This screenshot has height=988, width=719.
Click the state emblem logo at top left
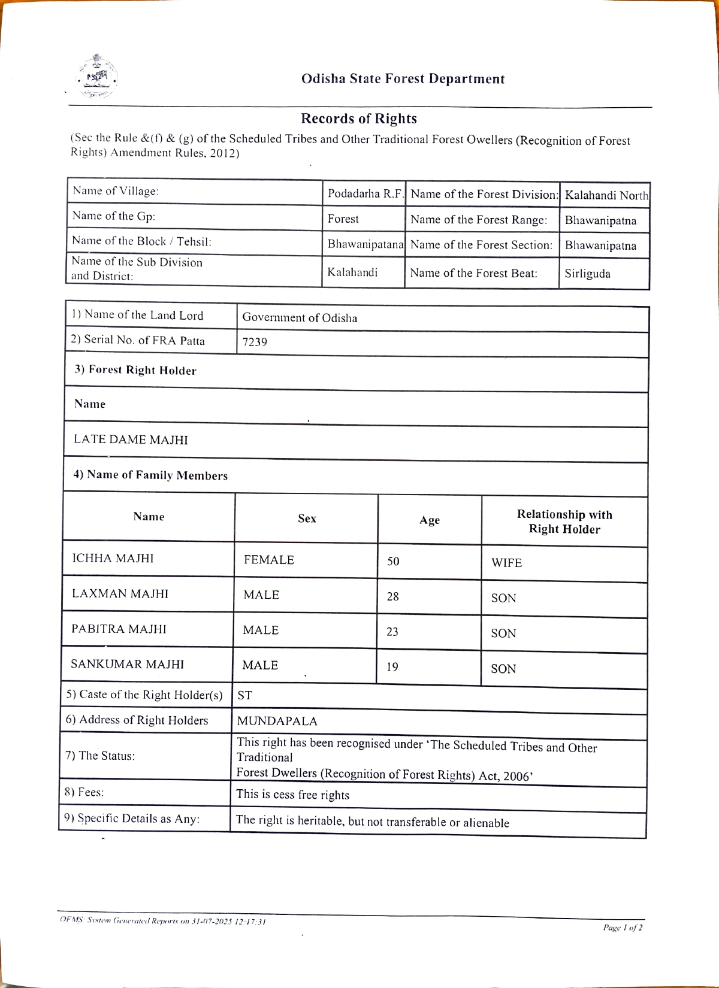pyautogui.click(x=96, y=77)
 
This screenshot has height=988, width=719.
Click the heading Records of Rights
pyautogui.click(x=358, y=119)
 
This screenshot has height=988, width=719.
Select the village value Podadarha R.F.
pyautogui.click(x=365, y=193)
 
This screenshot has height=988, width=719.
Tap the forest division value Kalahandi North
pyautogui.click(x=606, y=195)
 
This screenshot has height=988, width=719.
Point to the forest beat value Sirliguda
pyautogui.click(x=587, y=274)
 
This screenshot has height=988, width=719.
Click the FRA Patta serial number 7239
pyautogui.click(x=255, y=342)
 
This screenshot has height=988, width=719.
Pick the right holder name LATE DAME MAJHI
pyautogui.click(x=131, y=440)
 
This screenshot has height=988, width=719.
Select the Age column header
pyautogui.click(x=429, y=520)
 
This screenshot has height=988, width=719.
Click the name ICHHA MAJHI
pyautogui.click(x=113, y=558)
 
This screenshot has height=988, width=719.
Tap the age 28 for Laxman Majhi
pyautogui.click(x=392, y=596)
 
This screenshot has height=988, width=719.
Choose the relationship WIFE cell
pyautogui.click(x=506, y=563)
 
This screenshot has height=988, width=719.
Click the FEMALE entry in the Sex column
pyautogui.click(x=268, y=560)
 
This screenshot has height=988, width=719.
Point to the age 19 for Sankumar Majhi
pyautogui.click(x=392, y=667)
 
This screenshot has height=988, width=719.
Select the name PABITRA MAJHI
pyautogui.click(x=119, y=629)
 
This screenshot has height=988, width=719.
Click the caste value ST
pyautogui.click(x=244, y=695)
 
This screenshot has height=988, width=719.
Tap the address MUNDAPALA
pyautogui.click(x=277, y=721)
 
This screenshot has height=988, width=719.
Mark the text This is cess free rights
pyautogui.click(x=292, y=795)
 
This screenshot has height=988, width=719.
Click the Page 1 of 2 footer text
pyautogui.click(x=623, y=928)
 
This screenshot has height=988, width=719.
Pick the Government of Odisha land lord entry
pyautogui.click(x=300, y=318)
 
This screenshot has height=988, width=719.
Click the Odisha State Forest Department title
pyautogui.click(x=403, y=79)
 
